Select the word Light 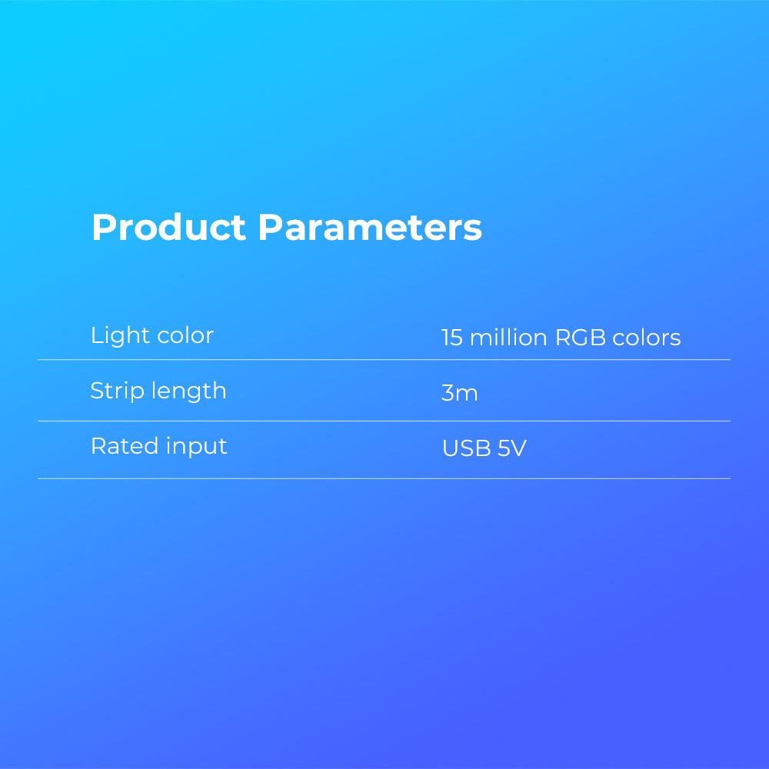pyautogui.click(x=120, y=336)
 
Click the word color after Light pyautogui.click(x=185, y=336)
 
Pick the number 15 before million pyautogui.click(x=451, y=338)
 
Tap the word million pyautogui.click(x=508, y=338)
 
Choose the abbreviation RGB pyautogui.click(x=581, y=338)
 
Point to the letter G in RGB pyautogui.click(x=581, y=338)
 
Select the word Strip pyautogui.click(x=117, y=391)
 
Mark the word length pyautogui.click(x=189, y=391)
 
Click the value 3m pyautogui.click(x=459, y=393)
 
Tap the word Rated pyautogui.click(x=125, y=446)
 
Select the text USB pyautogui.click(x=467, y=448)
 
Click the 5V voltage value pyautogui.click(x=512, y=448)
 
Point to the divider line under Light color pyautogui.click(x=384, y=359)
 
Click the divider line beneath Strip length pyautogui.click(x=384, y=421)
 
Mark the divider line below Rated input pyautogui.click(x=384, y=478)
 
